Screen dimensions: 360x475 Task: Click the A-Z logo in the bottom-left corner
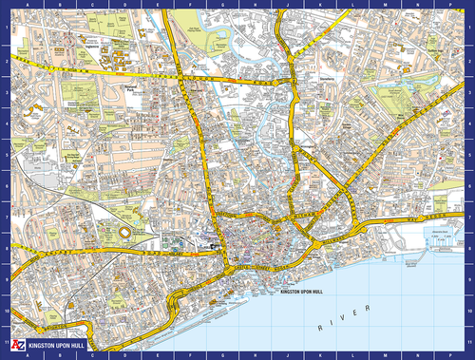click(15, 347)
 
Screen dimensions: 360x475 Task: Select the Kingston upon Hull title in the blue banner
click(58, 347)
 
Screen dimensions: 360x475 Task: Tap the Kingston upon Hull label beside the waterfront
click(303, 292)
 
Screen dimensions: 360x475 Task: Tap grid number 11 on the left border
click(5, 342)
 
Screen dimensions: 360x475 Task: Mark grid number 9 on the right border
click(470, 279)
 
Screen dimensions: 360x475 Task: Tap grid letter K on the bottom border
click(320, 354)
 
